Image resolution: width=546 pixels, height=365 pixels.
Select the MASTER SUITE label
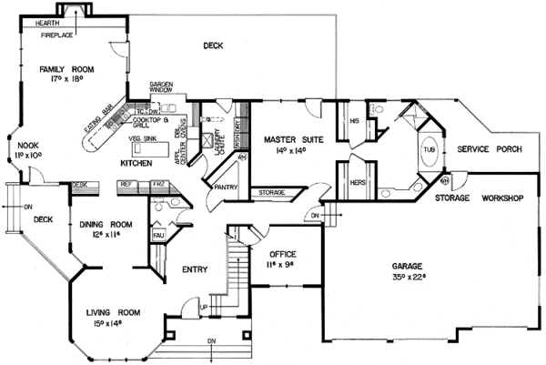[288, 139]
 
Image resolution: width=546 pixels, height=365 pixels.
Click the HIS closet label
[355, 119]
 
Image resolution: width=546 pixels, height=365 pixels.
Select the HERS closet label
[358, 182]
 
